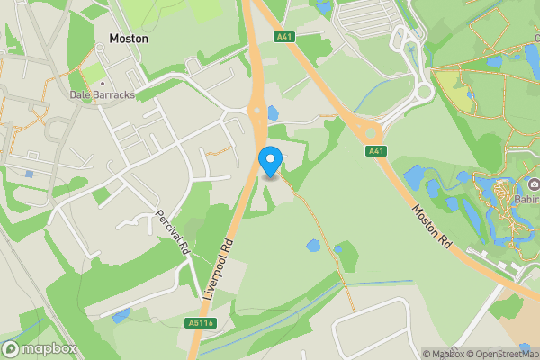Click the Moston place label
coord(128,40)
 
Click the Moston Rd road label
coord(431,226)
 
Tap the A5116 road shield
coord(202,321)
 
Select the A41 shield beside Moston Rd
coord(376,150)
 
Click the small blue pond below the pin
coord(312,245)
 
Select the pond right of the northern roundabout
coord(273,113)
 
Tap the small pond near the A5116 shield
coord(121,314)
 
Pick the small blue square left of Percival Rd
coord(30,174)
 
